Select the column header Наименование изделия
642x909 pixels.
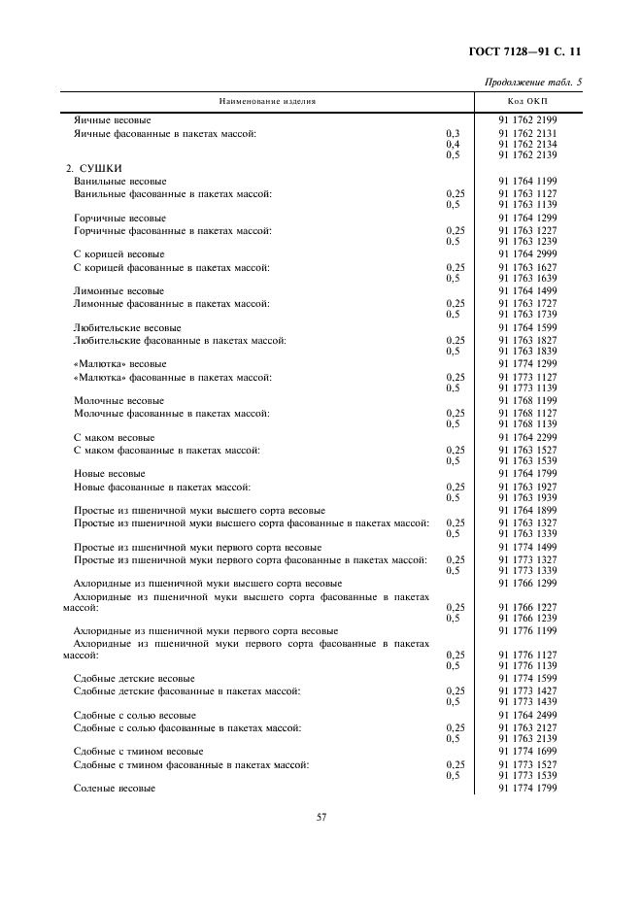pyautogui.click(x=266, y=100)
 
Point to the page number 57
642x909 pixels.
pyautogui.click(x=321, y=817)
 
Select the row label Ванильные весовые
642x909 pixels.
pyautogui.click(x=120, y=182)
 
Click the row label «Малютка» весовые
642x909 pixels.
pyautogui.click(x=120, y=364)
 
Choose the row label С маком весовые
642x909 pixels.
pyautogui.click(x=115, y=438)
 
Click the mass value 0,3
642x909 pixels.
pyautogui.click(x=452, y=133)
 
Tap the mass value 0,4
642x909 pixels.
pyautogui.click(x=452, y=144)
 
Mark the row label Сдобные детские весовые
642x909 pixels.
pyautogui.click(x=135, y=678)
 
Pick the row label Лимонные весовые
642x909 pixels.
pyautogui.click(x=118, y=291)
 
